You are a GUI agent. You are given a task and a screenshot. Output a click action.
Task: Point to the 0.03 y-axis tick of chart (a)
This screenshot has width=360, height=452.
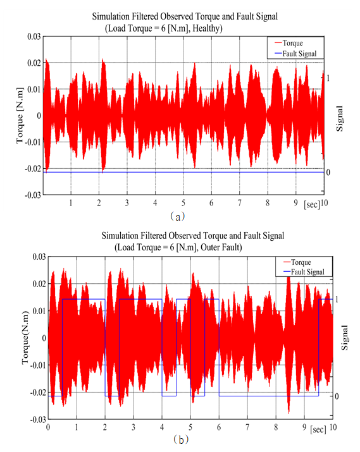[x=34, y=37]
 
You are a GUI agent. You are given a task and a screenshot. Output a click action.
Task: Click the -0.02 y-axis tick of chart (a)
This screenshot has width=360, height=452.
[x=33, y=169]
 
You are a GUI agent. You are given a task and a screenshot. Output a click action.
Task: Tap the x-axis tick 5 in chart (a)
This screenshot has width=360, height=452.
[x=183, y=203]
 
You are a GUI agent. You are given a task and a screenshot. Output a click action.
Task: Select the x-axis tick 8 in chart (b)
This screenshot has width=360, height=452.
[x=276, y=427]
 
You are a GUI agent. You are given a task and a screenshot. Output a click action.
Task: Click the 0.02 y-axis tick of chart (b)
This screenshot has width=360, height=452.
[x=39, y=284]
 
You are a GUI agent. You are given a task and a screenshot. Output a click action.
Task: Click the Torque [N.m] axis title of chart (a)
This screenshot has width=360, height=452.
[x=20, y=115]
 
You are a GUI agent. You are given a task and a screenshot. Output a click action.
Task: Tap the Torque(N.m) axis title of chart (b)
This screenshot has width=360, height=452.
[x=25, y=338]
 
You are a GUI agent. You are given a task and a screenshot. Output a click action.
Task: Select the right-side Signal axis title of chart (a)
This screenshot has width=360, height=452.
[x=340, y=118]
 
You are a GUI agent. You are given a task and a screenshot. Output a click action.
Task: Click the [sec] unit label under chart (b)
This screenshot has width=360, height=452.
[x=318, y=429]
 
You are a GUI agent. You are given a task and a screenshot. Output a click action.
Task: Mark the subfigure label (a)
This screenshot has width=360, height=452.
[x=177, y=216]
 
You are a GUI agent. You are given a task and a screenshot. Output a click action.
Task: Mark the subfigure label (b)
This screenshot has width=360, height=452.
[x=181, y=440]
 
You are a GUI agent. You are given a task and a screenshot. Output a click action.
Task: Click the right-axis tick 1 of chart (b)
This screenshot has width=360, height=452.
[x=337, y=300]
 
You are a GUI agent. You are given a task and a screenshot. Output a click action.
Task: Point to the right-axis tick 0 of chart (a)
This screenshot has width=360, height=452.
[x=328, y=173]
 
